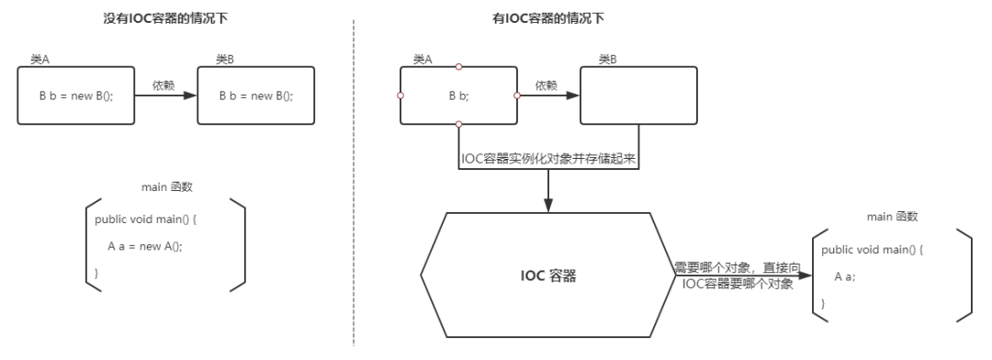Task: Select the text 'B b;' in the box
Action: point(458,95)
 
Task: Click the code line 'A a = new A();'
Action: point(152,246)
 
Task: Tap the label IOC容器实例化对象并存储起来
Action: point(548,158)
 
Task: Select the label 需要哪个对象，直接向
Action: point(739,266)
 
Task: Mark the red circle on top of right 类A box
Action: point(459,66)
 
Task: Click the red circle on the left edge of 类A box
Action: point(400,95)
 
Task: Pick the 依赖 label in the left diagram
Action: point(163,84)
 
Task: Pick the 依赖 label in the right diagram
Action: point(545,84)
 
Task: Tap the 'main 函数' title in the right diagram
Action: point(893,217)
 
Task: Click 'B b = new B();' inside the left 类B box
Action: point(255,95)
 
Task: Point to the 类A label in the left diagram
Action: point(40,60)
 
